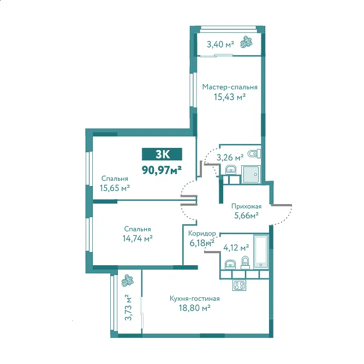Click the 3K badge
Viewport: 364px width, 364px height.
(x=162, y=154)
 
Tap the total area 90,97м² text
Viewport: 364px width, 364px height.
(x=162, y=170)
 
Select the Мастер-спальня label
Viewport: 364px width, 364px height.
(x=230, y=87)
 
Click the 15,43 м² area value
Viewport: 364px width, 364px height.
(x=230, y=97)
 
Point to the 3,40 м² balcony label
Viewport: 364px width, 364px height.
(x=220, y=44)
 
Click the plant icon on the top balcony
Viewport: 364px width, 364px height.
(x=246, y=42)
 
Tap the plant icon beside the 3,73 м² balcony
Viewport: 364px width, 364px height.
(x=128, y=280)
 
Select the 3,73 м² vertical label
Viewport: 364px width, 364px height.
(x=128, y=308)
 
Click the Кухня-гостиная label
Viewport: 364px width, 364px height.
(x=194, y=299)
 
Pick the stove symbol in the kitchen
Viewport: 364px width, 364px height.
(x=239, y=285)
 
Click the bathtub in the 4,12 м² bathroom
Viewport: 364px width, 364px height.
(x=261, y=252)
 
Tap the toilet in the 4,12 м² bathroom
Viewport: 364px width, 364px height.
(x=245, y=263)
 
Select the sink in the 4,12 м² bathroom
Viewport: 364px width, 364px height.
(x=230, y=265)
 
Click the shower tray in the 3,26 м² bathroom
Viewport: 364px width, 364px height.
(x=250, y=174)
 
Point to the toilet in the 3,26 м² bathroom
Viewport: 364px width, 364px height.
(x=254, y=154)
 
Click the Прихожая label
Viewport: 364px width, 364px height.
(x=246, y=206)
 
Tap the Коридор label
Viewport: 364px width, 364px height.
(x=202, y=234)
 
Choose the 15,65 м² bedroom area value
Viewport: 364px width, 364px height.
(x=115, y=188)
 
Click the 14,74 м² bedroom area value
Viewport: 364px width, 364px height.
(x=138, y=238)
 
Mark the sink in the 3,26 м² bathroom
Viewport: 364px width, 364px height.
(x=231, y=170)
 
